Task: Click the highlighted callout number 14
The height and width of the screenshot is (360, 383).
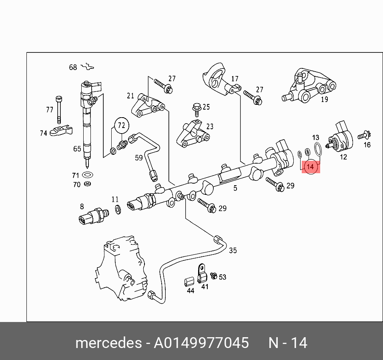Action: point(310,167)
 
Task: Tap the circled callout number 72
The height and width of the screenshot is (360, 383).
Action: point(121,126)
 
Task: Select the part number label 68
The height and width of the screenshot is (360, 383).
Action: point(73,67)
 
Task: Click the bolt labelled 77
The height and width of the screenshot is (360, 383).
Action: point(59,110)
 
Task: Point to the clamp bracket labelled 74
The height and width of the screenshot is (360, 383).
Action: point(61,131)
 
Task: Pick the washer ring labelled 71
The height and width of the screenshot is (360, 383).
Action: point(87,175)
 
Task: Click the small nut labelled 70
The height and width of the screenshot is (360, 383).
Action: point(87,184)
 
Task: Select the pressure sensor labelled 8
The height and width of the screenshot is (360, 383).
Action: point(94,216)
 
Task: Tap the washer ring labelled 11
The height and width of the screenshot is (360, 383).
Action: point(118,210)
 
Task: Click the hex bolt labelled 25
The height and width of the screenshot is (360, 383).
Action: point(196,110)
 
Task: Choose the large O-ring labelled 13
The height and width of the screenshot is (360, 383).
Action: point(318,149)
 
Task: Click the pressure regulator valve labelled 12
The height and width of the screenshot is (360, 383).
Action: point(340,137)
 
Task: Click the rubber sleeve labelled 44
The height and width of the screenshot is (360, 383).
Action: point(189,282)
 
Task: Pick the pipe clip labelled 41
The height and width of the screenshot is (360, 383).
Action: point(202,274)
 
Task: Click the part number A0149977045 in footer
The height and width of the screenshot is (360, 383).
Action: point(201,343)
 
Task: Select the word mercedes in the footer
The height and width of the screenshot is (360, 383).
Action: point(108,343)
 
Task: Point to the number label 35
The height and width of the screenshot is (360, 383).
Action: point(233,250)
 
